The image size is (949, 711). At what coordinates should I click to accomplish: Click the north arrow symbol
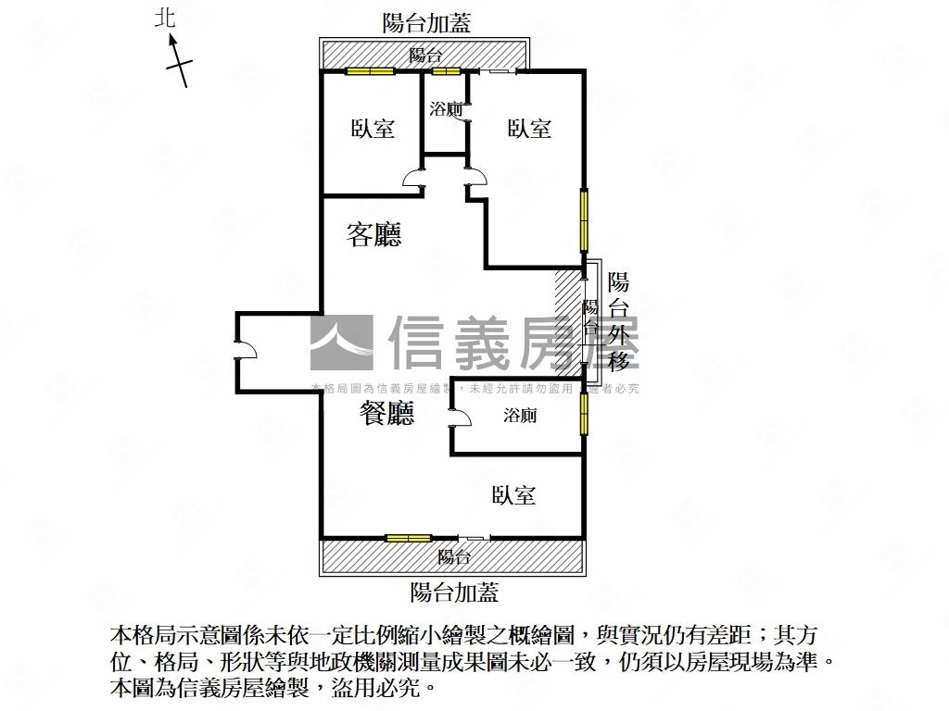tap(179, 63)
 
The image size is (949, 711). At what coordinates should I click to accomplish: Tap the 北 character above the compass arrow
tap(165, 18)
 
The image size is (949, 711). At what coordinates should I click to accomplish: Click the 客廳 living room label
tap(373, 235)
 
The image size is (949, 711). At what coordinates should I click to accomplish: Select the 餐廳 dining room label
tap(386, 414)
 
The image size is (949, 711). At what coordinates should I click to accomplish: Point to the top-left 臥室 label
tap(373, 129)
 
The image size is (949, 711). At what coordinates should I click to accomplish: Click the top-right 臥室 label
tap(529, 129)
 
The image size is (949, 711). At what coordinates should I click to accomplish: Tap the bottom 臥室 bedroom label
tap(513, 495)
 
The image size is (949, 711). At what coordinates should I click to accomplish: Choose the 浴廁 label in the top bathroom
tap(446, 109)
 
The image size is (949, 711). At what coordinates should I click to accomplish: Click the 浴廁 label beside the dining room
tap(520, 416)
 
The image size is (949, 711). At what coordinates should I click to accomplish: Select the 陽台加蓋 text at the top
tap(426, 23)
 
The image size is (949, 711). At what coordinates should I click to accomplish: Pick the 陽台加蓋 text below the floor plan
tap(454, 592)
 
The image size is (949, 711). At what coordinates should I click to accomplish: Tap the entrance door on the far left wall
tap(247, 351)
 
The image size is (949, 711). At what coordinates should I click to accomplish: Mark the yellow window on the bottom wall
tap(408, 538)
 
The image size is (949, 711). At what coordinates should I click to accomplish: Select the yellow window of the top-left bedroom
tap(370, 71)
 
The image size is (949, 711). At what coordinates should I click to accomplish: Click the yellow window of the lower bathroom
tap(584, 414)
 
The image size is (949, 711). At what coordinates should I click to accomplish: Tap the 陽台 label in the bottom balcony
tap(454, 557)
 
